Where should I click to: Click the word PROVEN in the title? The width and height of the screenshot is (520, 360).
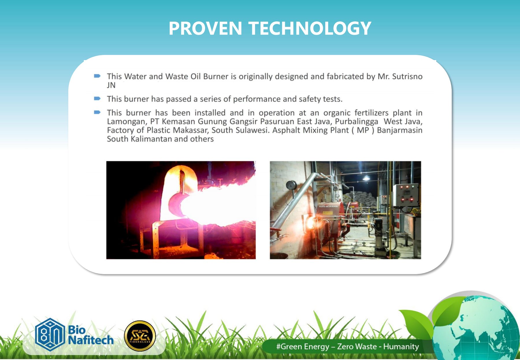point(205,28)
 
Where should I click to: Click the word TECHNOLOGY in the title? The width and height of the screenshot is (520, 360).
point(310,28)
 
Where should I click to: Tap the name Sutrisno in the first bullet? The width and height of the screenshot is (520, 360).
point(407,76)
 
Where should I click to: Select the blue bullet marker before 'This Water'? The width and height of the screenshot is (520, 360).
point(97,76)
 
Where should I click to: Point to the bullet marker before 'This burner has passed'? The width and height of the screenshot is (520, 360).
point(97,99)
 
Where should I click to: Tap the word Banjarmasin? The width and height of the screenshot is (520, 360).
point(400,130)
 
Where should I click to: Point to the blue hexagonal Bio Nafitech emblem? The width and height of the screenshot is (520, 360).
point(50,335)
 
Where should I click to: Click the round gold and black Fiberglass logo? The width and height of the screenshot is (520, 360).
point(140,336)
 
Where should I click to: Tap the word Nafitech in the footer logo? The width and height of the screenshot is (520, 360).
point(91,340)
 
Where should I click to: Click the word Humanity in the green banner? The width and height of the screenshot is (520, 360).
point(401,346)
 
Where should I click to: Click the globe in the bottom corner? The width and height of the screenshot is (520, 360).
point(476,328)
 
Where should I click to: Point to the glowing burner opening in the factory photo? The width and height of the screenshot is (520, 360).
point(311,222)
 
